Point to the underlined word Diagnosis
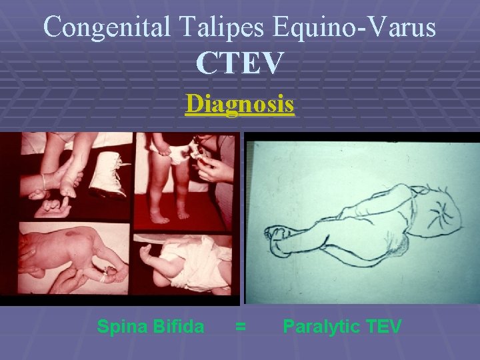coord(240,105)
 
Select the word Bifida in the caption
coord(178,327)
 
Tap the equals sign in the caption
coord(241,327)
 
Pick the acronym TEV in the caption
coord(384,327)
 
